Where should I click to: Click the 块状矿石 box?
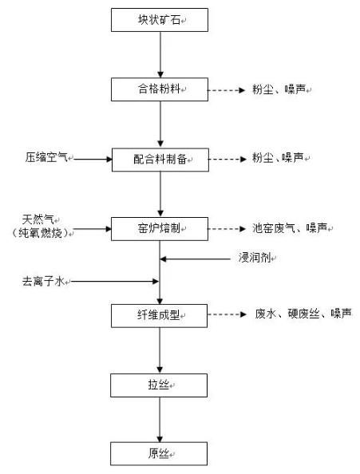coord(160,20)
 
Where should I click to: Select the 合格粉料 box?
coord(160,89)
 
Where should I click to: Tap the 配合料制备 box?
coord(160,160)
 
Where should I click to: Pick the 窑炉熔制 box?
coord(160,229)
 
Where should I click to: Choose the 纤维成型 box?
coord(160,315)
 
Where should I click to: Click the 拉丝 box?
coord(159,385)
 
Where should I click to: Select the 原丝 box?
coord(159,454)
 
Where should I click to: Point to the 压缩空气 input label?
coord(46,157)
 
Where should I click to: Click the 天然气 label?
coord(38,219)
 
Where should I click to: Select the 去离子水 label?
coord(43,282)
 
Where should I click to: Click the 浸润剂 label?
coord(255,258)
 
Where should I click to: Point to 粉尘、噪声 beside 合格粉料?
coord(279,89)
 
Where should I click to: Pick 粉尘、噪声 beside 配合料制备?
coord(278,158)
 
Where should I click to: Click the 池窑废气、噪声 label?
coord(290,228)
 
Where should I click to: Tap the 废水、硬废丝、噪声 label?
coord(303,314)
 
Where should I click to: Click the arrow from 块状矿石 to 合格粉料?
coord(160,55)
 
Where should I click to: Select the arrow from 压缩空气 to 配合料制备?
coord(93,159)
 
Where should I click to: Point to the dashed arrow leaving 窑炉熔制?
coord(227,229)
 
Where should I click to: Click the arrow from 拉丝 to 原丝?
coord(160,420)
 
